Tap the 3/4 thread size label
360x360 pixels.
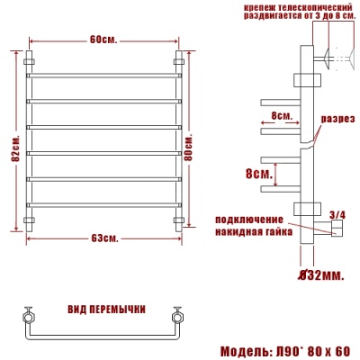tap(337, 214)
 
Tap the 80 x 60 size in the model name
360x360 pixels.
tap(325, 349)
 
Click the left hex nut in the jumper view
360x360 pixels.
tap(28, 317)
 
